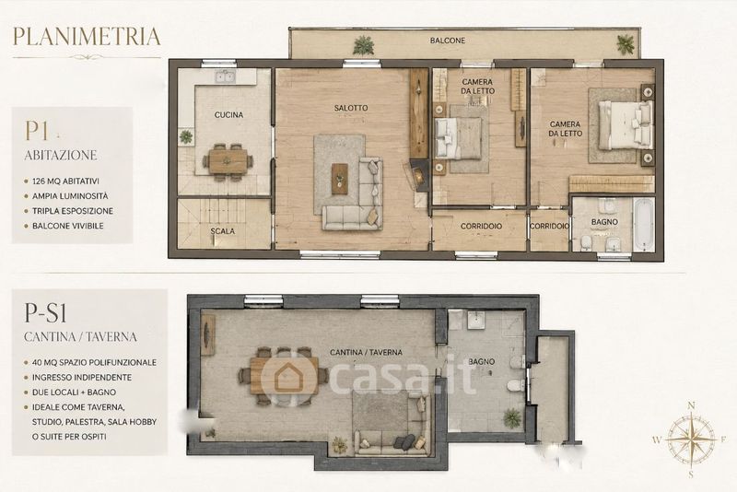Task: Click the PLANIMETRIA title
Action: coord(87,37)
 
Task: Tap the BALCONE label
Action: coord(448,41)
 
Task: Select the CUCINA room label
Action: coord(228,114)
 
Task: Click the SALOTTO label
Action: coord(351,108)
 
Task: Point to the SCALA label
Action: coord(222,231)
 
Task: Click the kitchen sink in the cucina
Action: coord(226,76)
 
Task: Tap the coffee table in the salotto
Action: coord(339,179)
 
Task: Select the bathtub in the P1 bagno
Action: coord(643,224)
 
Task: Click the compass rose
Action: coord(691,439)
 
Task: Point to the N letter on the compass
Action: coord(692,405)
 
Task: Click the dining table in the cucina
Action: coord(228,161)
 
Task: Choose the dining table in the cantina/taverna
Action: coord(284,375)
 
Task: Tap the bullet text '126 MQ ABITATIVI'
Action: coord(65,181)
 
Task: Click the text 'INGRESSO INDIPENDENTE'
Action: coord(82,378)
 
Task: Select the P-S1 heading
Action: coord(45,312)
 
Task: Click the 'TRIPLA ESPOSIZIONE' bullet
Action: coord(73,211)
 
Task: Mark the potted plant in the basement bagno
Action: coord(512,417)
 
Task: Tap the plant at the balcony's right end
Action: coord(626,44)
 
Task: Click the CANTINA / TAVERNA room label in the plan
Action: coord(366,352)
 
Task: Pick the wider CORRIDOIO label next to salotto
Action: coord(481,226)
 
